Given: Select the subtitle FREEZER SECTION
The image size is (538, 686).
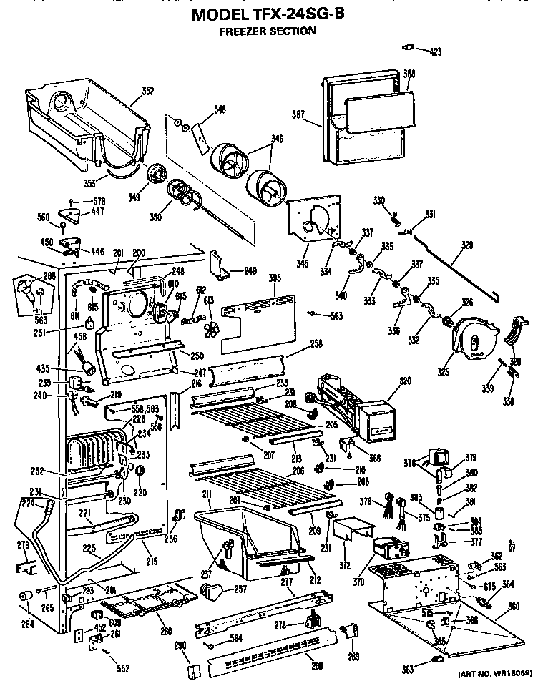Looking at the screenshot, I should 266,31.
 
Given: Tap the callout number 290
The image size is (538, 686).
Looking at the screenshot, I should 180,646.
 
